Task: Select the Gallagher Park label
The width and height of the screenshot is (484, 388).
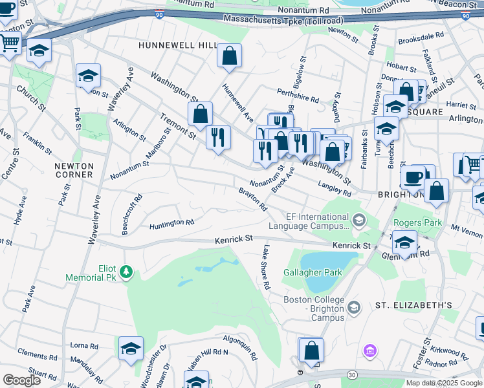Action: (x=313, y=272)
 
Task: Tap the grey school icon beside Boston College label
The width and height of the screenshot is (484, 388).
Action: (x=353, y=307)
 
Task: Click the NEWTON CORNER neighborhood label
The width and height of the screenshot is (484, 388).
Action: (x=74, y=171)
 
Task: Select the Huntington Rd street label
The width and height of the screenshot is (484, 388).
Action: (x=171, y=223)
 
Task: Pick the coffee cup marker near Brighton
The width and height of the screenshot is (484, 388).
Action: (x=413, y=177)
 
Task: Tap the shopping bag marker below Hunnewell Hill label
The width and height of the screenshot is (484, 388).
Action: (x=229, y=56)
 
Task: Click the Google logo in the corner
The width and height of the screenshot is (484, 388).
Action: (x=21, y=380)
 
